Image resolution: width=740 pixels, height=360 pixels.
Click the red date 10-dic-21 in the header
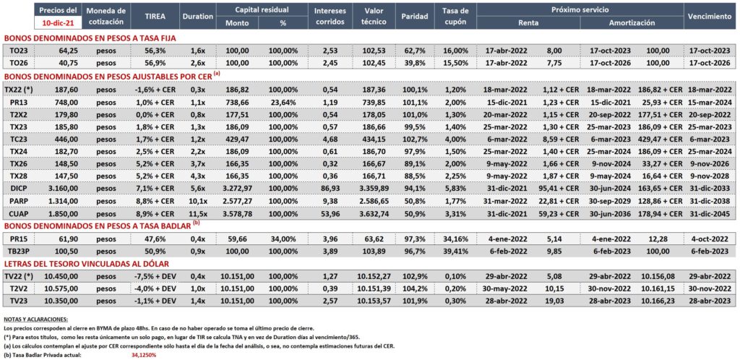coord(58,22)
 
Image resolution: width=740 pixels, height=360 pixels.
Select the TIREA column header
coord(155,16)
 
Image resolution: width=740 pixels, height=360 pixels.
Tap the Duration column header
coord(198,16)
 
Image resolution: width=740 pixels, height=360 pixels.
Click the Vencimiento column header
coord(710,16)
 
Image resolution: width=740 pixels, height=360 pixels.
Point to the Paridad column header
coord(414,16)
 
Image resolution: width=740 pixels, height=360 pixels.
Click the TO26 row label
coord(17,61)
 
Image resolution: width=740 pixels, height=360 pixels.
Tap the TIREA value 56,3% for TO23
coord(155,51)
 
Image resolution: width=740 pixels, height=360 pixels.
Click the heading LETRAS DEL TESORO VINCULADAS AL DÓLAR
coord(87,264)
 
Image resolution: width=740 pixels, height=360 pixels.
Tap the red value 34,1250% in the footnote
coord(144,355)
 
